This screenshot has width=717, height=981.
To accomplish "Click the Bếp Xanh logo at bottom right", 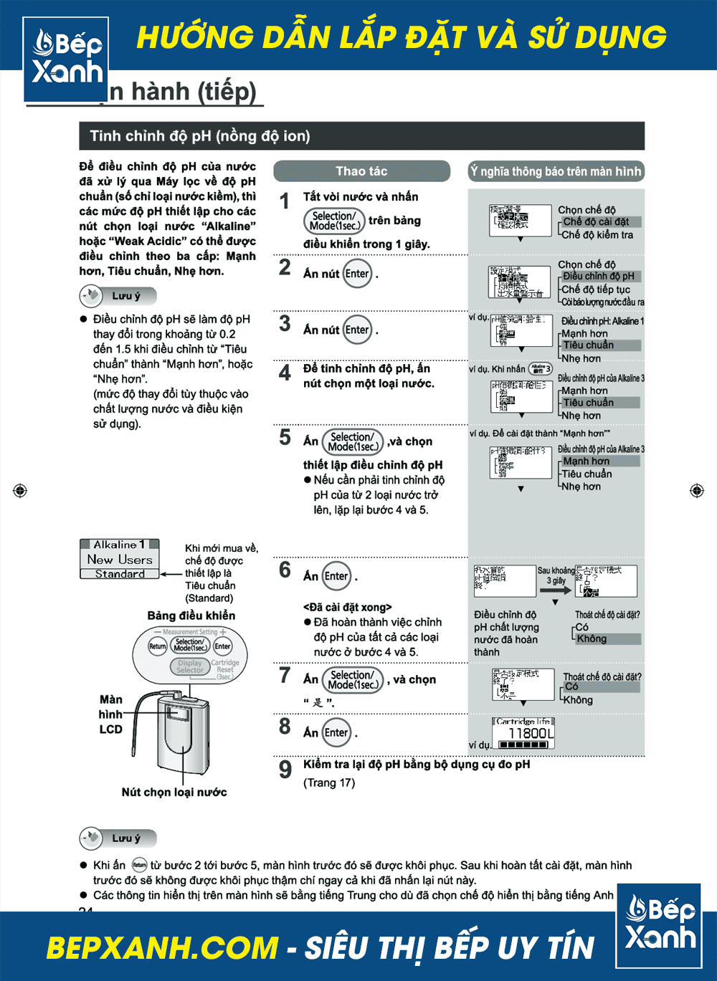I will pos(660,924).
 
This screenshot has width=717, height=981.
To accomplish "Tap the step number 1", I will pos(285,201).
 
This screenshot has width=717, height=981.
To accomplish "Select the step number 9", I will pos(285,769).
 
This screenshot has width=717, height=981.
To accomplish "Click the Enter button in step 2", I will pos(357,274).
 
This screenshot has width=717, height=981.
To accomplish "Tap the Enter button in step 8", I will pos(336,732).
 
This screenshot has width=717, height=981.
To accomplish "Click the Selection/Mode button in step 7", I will pos(352,679).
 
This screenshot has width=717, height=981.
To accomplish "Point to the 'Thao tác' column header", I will pos(361,171).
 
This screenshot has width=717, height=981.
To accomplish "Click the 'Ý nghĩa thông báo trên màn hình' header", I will pos(556,171).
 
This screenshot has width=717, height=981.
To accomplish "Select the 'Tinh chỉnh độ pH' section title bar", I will pos(361,136).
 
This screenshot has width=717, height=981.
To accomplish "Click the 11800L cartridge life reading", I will pos(531,733).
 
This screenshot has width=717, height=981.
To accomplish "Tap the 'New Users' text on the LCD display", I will pos(120,559).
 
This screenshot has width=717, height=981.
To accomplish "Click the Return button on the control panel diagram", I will pos(158,646).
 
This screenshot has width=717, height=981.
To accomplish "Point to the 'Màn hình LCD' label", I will pos(110,714).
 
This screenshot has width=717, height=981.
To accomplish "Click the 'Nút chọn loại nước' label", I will pos(174,792).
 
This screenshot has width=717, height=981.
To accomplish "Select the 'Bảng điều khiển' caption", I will pos(191,616).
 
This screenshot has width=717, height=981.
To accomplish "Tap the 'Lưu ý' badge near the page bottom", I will pos(118,838).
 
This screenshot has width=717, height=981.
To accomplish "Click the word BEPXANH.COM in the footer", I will pos(162,947).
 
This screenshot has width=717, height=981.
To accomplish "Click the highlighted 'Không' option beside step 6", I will pos(592,638).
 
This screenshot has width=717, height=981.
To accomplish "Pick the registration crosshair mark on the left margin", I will pos(20,490).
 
